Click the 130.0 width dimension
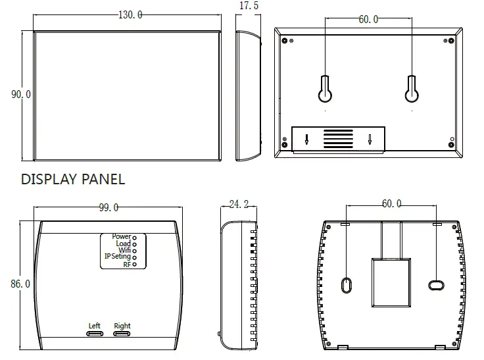(x=130, y=15)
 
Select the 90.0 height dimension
(x=20, y=94)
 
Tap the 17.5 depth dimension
(x=248, y=5)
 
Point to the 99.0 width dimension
(x=109, y=208)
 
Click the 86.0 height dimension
(x=20, y=284)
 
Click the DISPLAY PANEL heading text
(x=73, y=179)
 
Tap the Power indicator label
(x=121, y=236)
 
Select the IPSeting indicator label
(x=117, y=257)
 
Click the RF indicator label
(x=127, y=265)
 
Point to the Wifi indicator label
(x=124, y=250)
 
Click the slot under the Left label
(x=95, y=334)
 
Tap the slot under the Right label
(x=122, y=334)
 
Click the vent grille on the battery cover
(x=337, y=140)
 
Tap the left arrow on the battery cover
(x=306, y=140)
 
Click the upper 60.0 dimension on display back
(x=368, y=20)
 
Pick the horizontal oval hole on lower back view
(x=435, y=285)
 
